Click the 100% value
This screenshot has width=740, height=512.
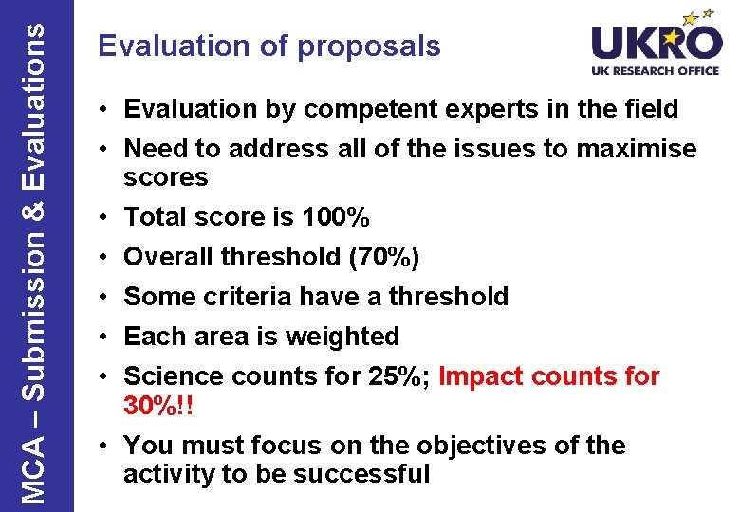tap(335, 217)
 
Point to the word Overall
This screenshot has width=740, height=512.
tap(169, 257)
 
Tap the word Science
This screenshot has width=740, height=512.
tap(174, 376)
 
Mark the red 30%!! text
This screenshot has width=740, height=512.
tap(158, 406)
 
